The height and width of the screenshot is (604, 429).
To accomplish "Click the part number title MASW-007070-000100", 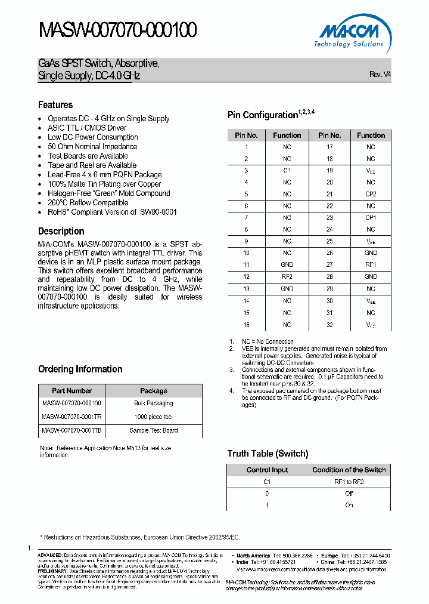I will point(117,30).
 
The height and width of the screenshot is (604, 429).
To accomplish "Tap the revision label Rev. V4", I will point(380,75).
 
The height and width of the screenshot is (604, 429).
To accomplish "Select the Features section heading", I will point(55,104).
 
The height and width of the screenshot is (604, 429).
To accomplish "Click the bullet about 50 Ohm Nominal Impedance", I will point(92,146).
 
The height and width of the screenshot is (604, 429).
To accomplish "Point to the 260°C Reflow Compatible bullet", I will point(88,202).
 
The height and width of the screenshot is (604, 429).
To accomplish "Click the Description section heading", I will point(61,231).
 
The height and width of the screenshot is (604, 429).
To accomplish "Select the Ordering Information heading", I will point(80,369).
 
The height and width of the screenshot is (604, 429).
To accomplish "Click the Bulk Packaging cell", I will point(153,403).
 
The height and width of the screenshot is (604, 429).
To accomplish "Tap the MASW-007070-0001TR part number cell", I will point(71,417).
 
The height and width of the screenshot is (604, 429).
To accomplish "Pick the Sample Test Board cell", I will point(153,430).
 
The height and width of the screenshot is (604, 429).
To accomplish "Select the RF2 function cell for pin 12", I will point(287,276).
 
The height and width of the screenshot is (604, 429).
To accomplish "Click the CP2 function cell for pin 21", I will point(371,194).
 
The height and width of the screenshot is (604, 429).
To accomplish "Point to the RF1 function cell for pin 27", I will point(371,264).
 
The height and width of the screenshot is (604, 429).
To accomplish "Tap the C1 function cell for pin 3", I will point(287,170).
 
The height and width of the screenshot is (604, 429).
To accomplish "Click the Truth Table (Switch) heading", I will point(268,454).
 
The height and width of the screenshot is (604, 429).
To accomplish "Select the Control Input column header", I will point(267,470).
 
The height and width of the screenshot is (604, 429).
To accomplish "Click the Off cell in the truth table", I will point(349,494).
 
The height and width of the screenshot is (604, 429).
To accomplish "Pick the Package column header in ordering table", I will point(153,391).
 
